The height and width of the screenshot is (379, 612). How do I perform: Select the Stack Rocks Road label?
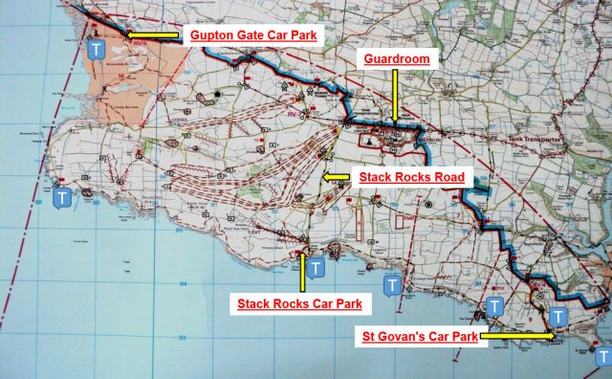pyautogui.click(x=411, y=177)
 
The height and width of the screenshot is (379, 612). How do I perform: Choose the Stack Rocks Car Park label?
pyautogui.click(x=299, y=304)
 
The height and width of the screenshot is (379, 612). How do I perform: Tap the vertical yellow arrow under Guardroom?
pyautogui.click(x=397, y=96)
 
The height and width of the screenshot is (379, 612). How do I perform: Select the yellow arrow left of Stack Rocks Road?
pyautogui.click(x=337, y=177)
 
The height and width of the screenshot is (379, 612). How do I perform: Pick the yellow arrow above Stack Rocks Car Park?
pyautogui.click(x=304, y=273)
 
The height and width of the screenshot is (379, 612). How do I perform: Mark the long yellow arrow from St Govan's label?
pyautogui.click(x=516, y=336)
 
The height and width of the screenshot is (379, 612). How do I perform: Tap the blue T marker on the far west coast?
pyautogui.click(x=62, y=198)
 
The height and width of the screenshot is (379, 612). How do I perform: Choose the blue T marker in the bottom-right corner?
pyautogui.click(x=601, y=356)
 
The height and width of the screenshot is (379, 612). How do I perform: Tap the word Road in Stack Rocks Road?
pyautogui.click(x=447, y=177)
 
